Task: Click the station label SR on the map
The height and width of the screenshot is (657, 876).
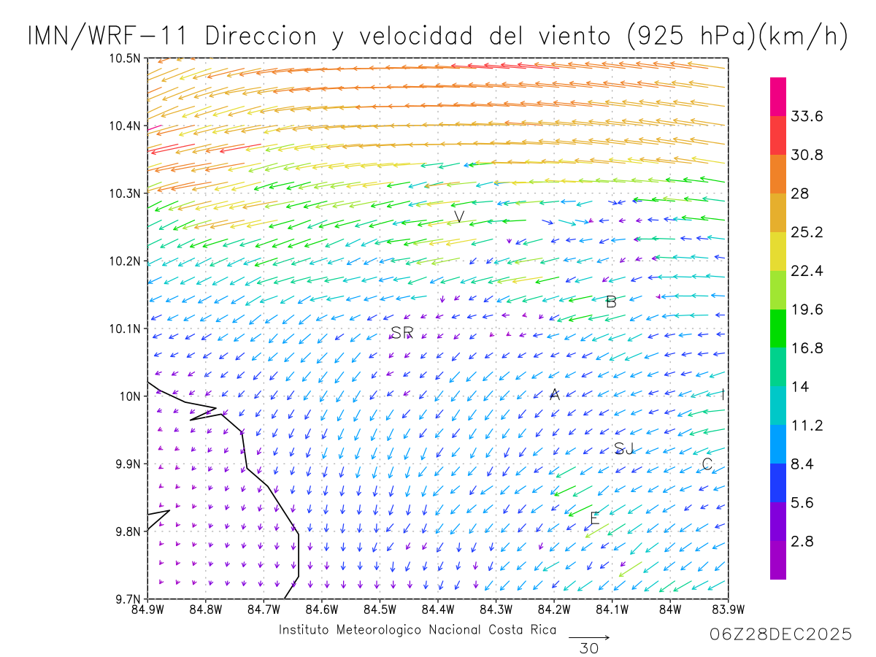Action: [x=402, y=333]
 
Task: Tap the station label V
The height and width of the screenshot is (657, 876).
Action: [x=459, y=217]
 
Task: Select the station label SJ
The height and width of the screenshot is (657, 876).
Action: [x=624, y=449]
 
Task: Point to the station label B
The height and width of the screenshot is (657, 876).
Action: [x=612, y=301]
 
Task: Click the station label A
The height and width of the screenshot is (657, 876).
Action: [x=555, y=395]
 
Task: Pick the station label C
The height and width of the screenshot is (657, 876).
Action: [x=707, y=464]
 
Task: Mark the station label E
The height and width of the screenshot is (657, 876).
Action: [x=594, y=519]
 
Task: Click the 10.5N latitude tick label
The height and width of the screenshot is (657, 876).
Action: [x=125, y=58]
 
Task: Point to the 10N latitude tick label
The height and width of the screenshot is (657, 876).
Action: [x=129, y=396]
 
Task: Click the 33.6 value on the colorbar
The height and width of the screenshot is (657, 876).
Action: [x=807, y=117]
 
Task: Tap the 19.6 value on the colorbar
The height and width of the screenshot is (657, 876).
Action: [x=807, y=310]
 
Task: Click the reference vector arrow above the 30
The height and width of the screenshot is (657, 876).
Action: [x=588, y=637]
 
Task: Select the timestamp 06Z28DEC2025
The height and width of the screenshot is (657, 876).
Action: [x=780, y=634]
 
